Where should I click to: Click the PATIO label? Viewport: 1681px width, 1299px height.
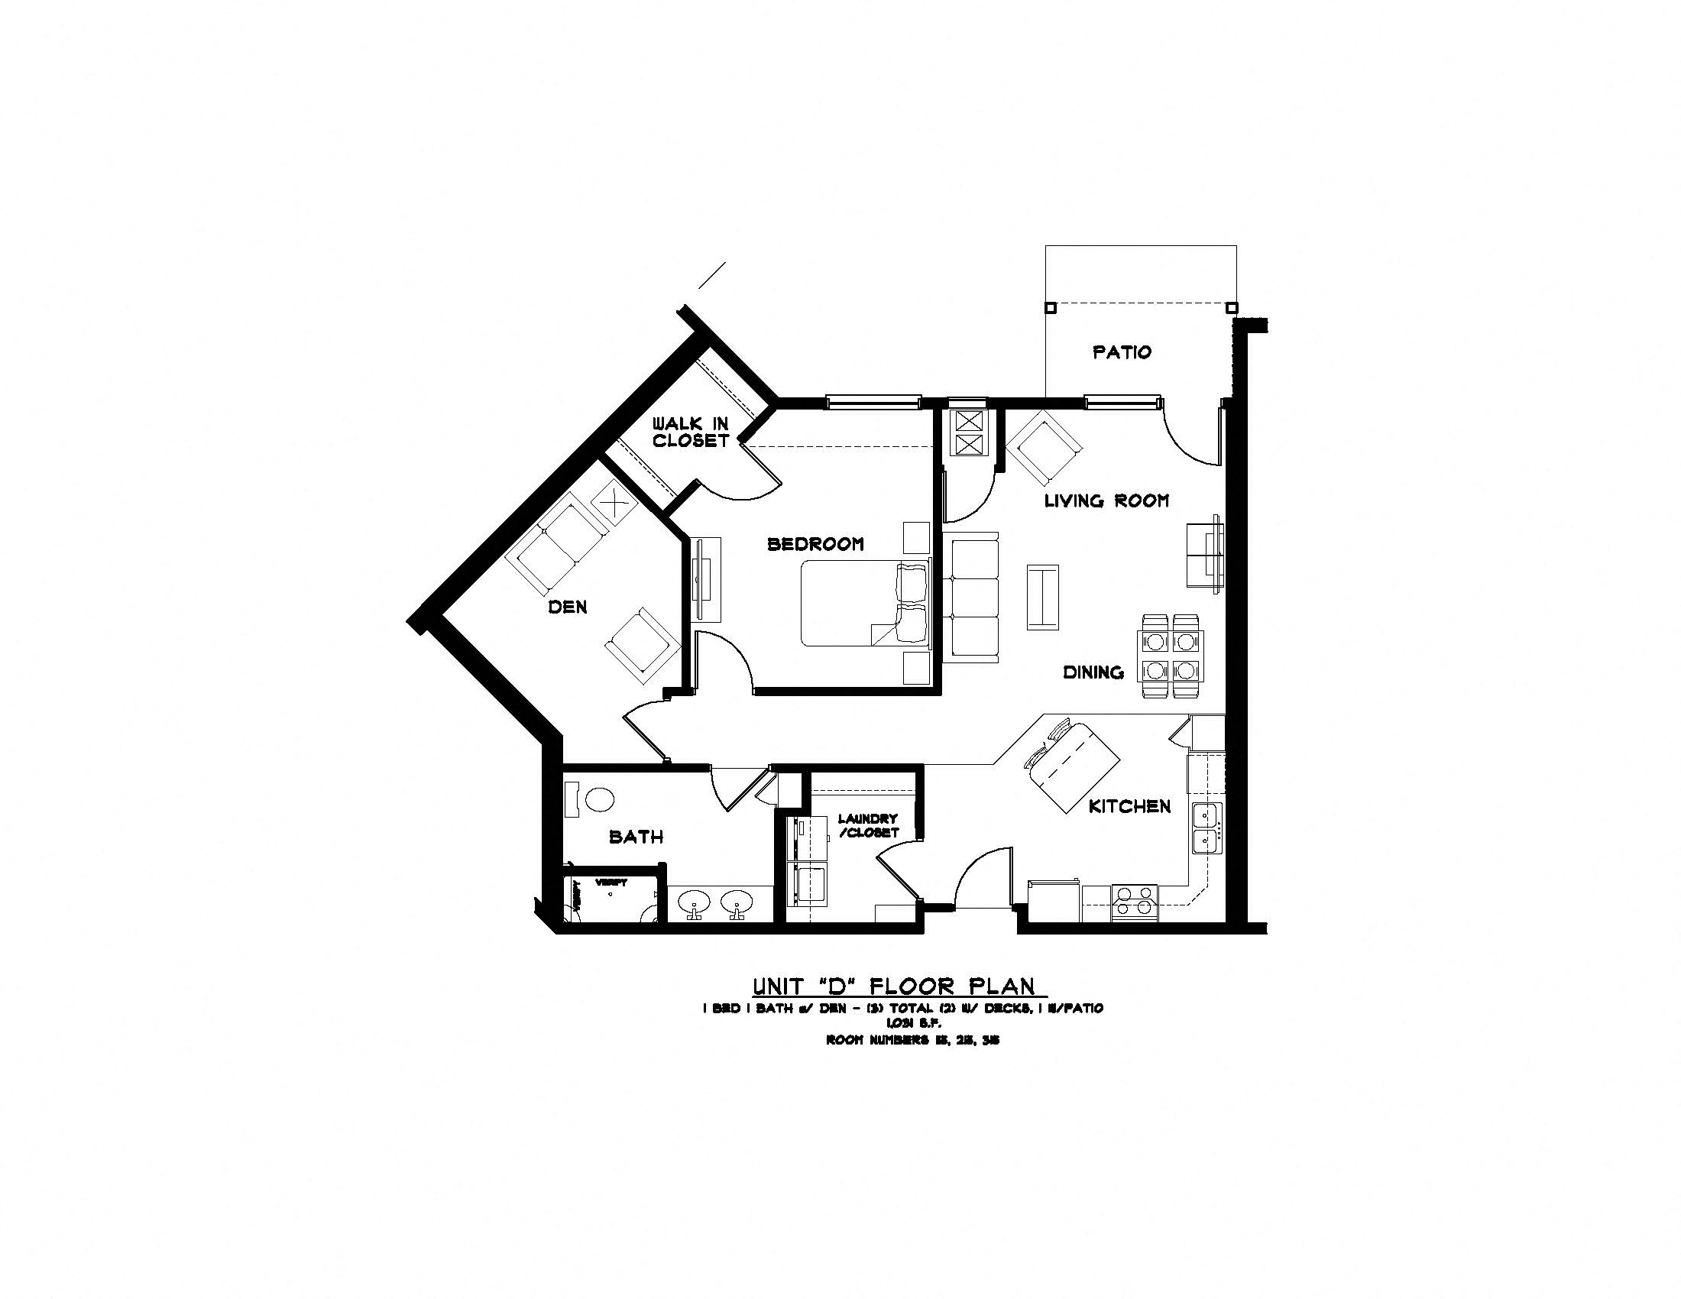[x=1122, y=352]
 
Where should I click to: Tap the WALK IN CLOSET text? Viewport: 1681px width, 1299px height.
[x=691, y=432]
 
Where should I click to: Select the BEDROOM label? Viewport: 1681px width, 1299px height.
[x=815, y=544]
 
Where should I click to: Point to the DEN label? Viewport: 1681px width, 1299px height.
[x=567, y=607]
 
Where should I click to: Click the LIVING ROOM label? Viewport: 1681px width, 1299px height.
[x=1106, y=501]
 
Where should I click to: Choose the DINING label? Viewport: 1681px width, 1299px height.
[x=1093, y=672]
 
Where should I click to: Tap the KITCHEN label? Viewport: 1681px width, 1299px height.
[x=1129, y=806]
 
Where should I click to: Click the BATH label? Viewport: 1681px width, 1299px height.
[x=636, y=837]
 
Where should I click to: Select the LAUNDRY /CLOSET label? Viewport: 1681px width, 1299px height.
[x=868, y=826]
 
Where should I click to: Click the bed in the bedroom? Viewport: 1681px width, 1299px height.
[x=863, y=604]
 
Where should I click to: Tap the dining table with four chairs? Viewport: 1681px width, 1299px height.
[x=1170, y=655]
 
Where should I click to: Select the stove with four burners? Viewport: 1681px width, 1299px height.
[x=1135, y=901]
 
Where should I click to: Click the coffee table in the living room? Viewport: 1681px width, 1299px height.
[x=1042, y=598]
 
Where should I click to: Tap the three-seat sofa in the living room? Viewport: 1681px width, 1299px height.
[x=972, y=598]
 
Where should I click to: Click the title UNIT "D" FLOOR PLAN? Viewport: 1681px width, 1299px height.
[x=894, y=986]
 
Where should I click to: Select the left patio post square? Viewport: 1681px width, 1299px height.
[x=1050, y=308]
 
